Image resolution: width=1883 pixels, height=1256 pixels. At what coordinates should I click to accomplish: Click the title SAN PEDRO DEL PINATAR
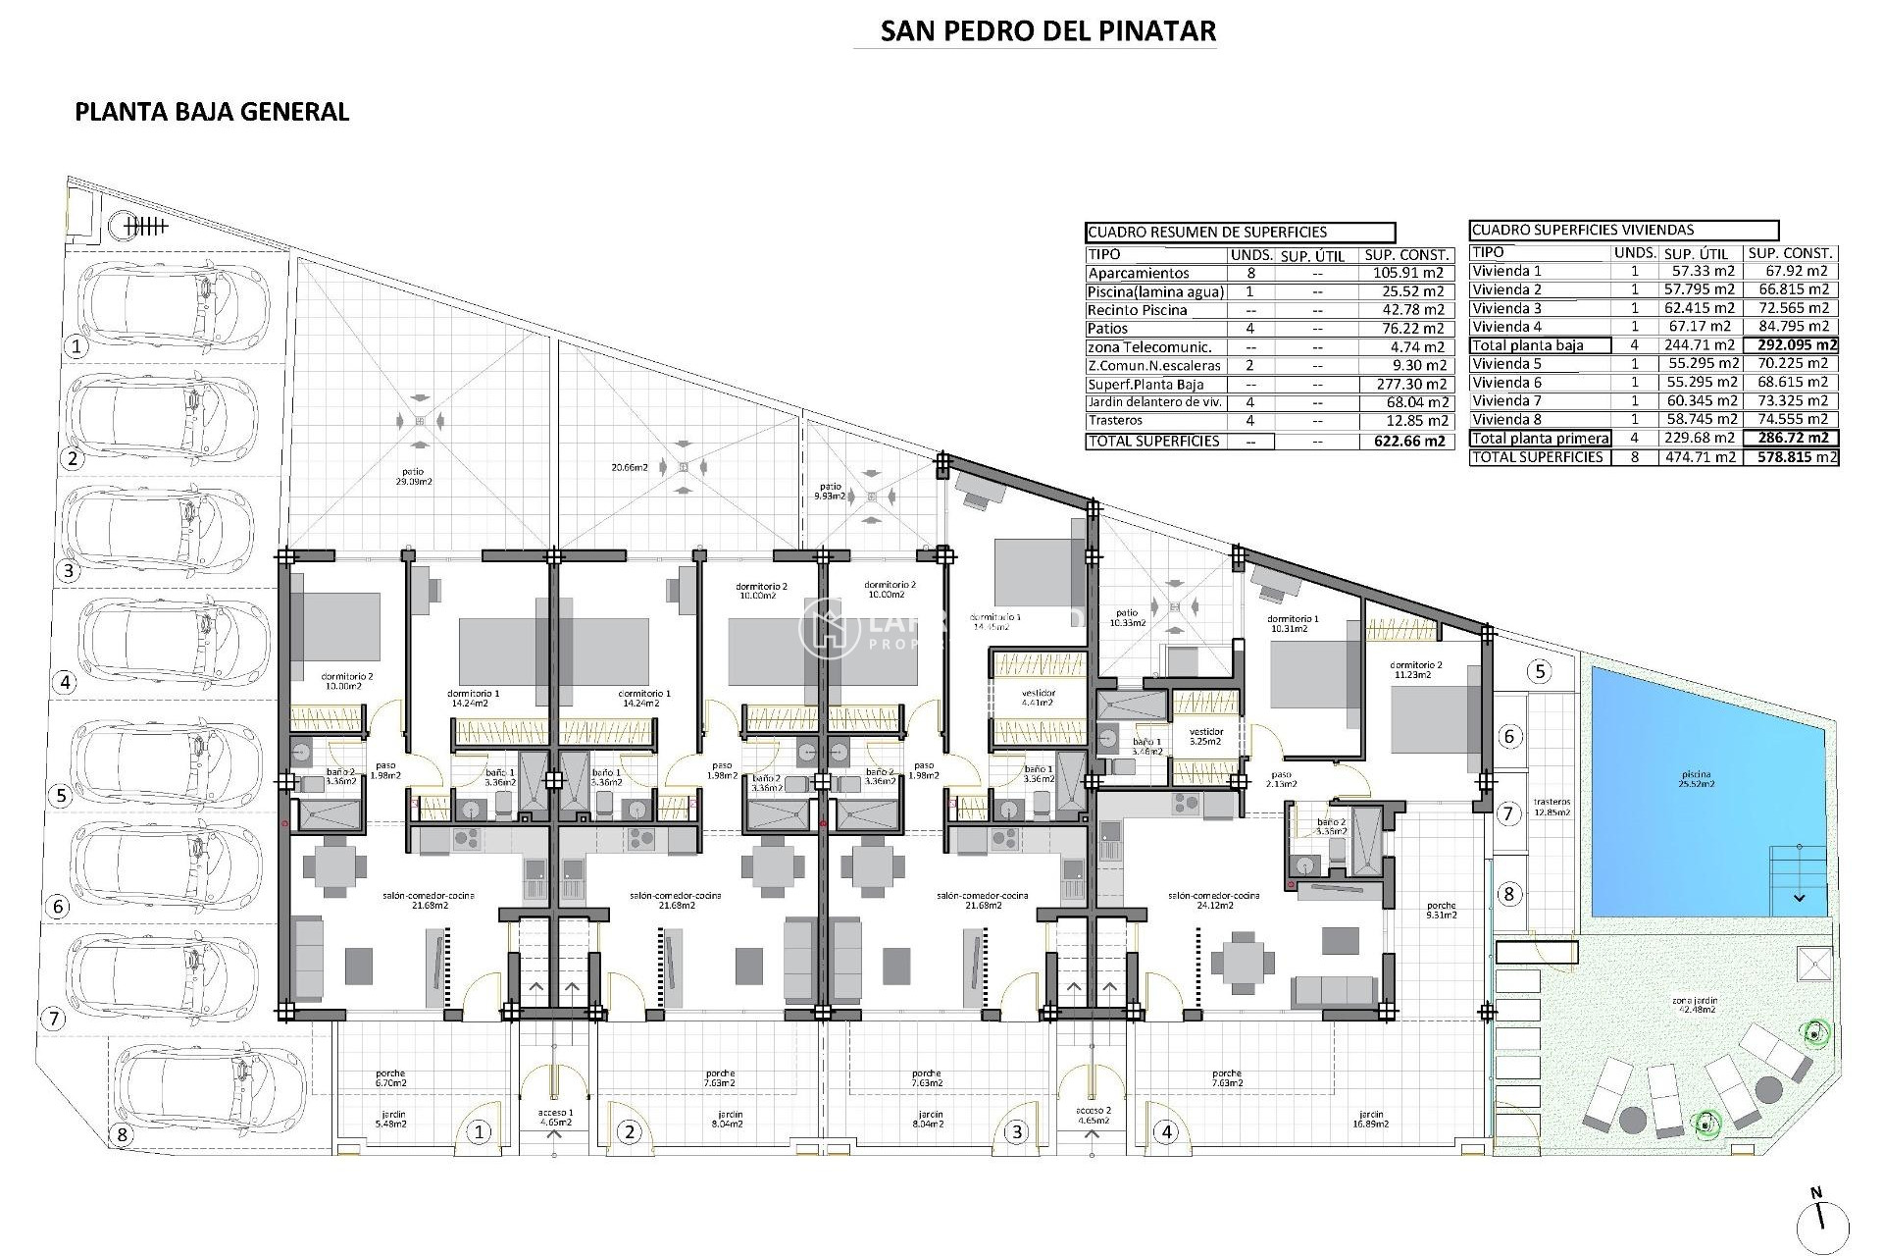click(x=1047, y=30)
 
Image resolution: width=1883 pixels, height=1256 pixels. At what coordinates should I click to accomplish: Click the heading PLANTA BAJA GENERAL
click(x=212, y=112)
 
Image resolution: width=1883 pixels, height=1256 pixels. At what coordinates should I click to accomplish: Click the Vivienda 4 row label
click(x=1507, y=327)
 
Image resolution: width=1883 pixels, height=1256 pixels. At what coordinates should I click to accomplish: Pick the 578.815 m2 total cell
click(x=1791, y=457)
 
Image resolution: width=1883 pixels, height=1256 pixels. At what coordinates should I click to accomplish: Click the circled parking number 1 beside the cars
click(x=76, y=345)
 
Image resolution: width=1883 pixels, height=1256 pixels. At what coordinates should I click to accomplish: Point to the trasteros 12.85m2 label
click(x=1552, y=808)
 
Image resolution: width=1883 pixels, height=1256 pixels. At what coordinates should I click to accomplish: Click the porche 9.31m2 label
click(x=1442, y=910)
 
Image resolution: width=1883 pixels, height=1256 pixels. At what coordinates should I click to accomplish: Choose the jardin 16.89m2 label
click(x=1371, y=1120)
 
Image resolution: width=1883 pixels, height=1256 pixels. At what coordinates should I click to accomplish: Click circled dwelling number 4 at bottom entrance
click(x=1166, y=1132)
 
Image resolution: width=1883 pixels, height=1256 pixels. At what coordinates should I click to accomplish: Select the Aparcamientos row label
click(x=1138, y=274)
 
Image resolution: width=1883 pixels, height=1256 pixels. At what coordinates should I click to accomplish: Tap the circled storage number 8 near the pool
click(x=1509, y=894)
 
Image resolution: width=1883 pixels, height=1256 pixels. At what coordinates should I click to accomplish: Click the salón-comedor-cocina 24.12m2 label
click(x=1213, y=900)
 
